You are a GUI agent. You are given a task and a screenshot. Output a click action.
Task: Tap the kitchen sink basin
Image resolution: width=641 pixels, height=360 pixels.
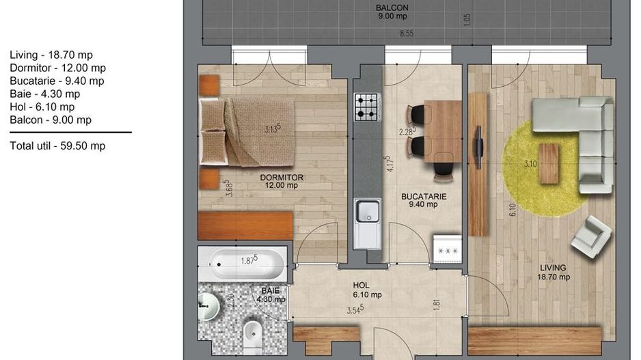[x=368, y=211]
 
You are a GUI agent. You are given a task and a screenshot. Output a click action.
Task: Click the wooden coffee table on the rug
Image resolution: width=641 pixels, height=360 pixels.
[x=549, y=163]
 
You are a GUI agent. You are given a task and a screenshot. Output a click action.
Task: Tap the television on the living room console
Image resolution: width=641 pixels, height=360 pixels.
[x=478, y=147]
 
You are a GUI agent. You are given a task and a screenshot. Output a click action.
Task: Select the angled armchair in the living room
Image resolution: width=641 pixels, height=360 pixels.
[x=592, y=236]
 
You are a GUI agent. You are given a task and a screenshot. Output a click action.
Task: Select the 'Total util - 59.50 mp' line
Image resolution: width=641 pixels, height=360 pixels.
[x=57, y=146]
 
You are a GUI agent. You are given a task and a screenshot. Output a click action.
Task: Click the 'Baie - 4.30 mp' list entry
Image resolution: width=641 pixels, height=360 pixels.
[x=45, y=94]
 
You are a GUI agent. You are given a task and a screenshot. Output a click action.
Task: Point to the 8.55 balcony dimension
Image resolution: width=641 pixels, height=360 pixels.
[x=407, y=33]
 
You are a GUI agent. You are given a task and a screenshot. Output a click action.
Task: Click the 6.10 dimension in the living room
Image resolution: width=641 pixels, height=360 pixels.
[x=513, y=210]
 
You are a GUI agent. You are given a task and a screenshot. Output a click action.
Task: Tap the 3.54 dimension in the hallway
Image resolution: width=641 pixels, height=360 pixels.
[x=355, y=309]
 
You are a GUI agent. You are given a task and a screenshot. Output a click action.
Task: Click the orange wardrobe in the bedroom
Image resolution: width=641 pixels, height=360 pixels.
[x=245, y=225]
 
